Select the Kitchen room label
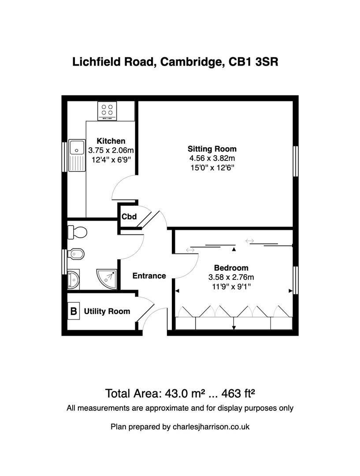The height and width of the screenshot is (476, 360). click(x=111, y=141)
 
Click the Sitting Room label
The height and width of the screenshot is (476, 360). click(x=212, y=149)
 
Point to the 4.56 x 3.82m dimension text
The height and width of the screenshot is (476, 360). click(x=212, y=158)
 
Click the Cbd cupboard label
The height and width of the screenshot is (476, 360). click(x=129, y=217)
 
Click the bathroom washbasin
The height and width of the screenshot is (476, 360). click(x=73, y=279)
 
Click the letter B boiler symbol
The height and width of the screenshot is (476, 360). click(x=74, y=311)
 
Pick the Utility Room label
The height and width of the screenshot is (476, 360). click(x=107, y=312)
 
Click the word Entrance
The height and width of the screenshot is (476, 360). click(x=149, y=276)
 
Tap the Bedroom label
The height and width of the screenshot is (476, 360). click(x=231, y=268)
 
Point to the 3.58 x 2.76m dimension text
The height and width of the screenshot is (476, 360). click(x=231, y=277)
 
